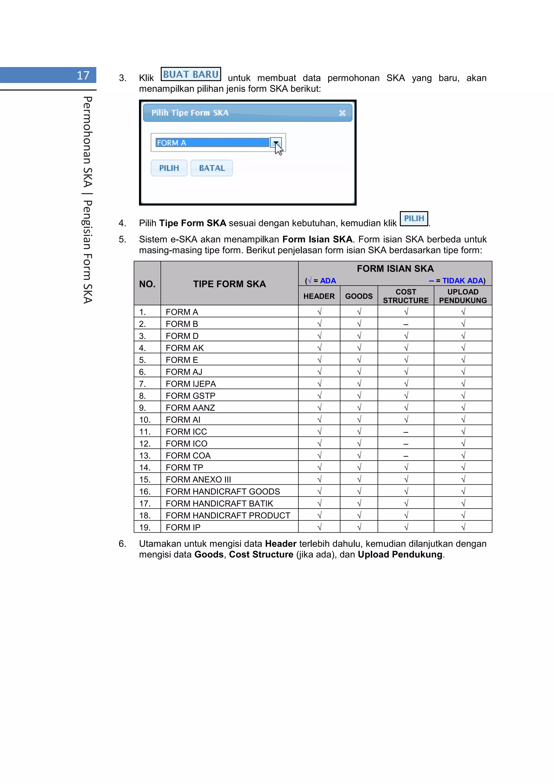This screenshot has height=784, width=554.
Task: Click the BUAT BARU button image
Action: (190, 74)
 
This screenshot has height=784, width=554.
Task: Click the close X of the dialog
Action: (342, 113)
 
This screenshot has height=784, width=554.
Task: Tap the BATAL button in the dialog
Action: (212, 168)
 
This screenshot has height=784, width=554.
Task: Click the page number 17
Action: (83, 75)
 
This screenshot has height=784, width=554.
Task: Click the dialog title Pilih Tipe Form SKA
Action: (190, 113)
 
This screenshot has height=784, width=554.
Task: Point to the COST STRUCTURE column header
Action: (405, 296)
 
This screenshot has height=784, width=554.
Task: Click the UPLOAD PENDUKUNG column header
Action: (463, 296)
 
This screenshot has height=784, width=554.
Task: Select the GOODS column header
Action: (358, 296)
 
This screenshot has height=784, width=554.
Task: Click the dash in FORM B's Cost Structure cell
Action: (405, 324)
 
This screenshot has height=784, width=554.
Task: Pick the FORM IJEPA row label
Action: (190, 384)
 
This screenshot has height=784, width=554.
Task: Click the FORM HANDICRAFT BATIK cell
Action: (219, 503)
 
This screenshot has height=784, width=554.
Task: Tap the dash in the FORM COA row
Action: (405, 456)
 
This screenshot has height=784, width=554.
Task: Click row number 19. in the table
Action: (145, 527)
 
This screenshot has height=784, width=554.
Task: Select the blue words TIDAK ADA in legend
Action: (463, 281)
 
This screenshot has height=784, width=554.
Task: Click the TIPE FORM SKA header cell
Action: (229, 284)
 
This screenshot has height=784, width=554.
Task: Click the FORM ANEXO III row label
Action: (198, 480)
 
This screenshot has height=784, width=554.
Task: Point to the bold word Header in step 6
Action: (281, 544)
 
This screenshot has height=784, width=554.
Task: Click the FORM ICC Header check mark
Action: (319, 432)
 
